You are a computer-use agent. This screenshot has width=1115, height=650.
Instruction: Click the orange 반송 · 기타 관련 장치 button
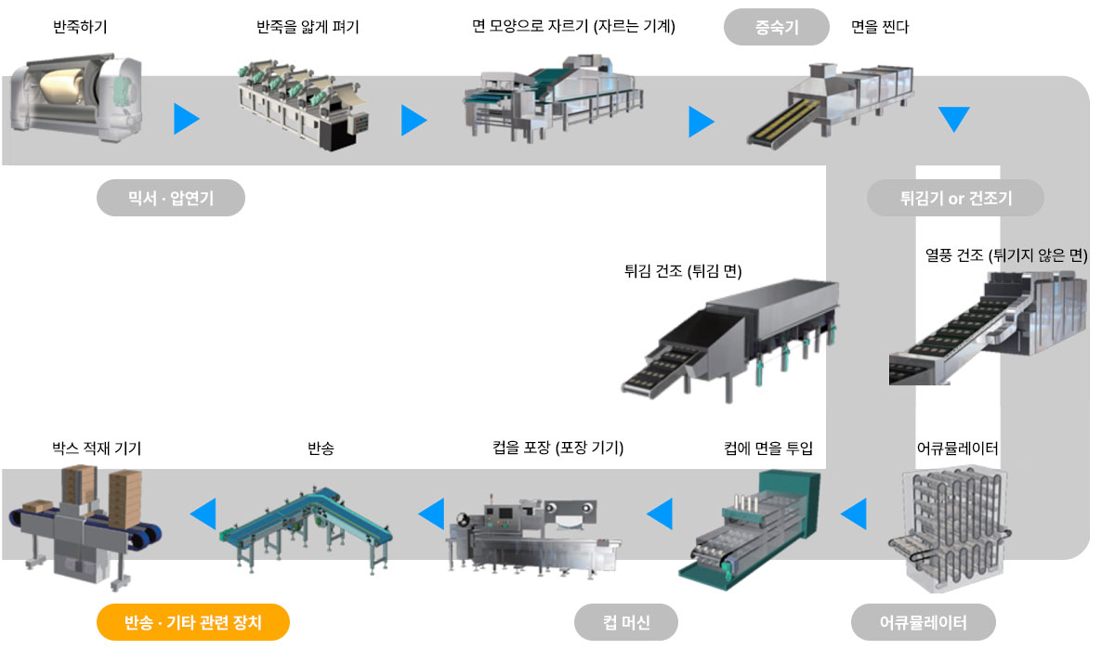(x=193, y=622)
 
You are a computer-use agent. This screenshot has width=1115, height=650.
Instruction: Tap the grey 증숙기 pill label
(x=777, y=27)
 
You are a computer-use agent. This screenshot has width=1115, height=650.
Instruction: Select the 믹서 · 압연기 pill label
(x=171, y=198)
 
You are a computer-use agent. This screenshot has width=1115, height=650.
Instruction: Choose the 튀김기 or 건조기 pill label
(x=955, y=198)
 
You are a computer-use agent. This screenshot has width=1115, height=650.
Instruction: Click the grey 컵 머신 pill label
(x=626, y=622)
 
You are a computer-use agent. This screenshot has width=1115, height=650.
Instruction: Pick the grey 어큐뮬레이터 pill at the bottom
(x=924, y=622)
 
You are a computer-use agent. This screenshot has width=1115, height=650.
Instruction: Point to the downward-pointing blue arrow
(x=953, y=119)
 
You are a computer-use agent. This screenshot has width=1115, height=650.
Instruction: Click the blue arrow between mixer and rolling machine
(x=186, y=119)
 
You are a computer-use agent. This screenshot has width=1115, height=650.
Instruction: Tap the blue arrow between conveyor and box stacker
(x=203, y=513)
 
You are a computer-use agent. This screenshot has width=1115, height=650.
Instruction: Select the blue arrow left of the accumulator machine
(x=854, y=513)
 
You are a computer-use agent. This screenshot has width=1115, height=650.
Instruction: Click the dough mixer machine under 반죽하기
(x=76, y=97)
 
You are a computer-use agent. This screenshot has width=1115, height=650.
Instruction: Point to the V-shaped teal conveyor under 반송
(x=306, y=529)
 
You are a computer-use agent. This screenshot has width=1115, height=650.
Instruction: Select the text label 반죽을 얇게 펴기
(x=308, y=26)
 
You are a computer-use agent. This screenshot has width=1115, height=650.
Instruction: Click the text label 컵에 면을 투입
(x=768, y=448)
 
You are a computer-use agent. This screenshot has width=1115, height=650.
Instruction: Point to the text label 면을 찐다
(x=880, y=26)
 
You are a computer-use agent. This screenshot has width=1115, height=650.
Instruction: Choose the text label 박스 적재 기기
(x=97, y=448)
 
